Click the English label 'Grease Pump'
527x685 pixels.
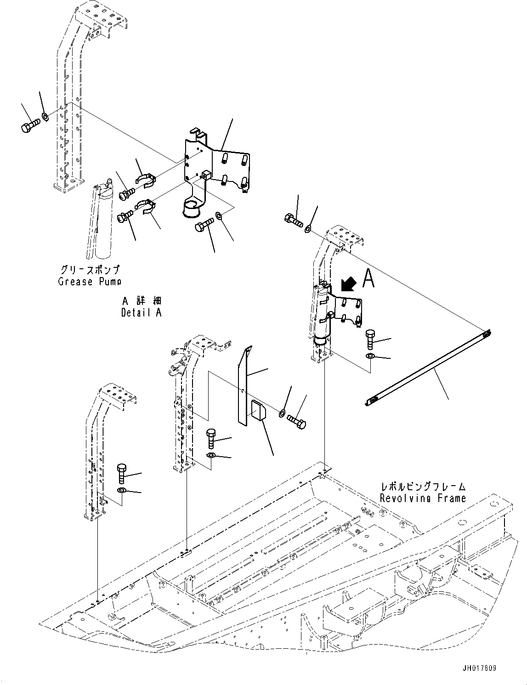pos(90,282)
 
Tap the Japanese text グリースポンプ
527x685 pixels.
pos(90,270)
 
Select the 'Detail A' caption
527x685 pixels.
pos(141,313)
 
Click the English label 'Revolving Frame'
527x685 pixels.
pos(423,498)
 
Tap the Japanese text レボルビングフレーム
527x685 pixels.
pos(423,487)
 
